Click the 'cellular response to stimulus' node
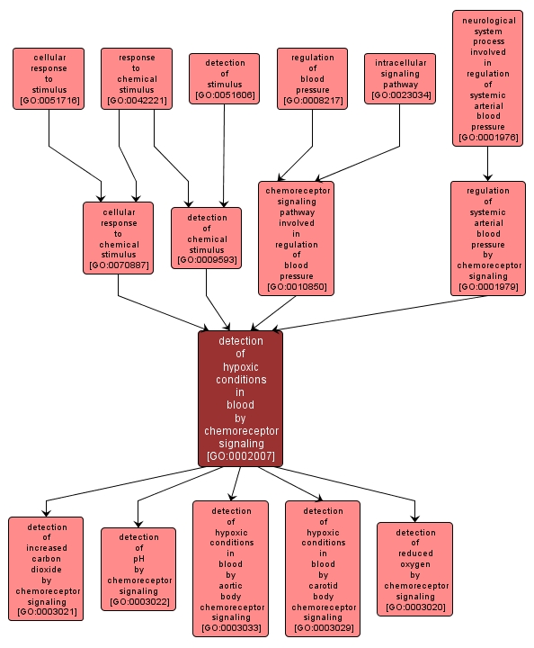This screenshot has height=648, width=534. [49, 79]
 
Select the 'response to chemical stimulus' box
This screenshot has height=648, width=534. [137, 79]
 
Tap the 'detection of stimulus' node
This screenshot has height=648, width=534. [224, 79]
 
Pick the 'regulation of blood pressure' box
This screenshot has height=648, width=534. [312, 79]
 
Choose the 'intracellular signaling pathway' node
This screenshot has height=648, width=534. [400, 78]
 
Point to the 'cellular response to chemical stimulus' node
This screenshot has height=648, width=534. [119, 238]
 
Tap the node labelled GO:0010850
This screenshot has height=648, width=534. [296, 238]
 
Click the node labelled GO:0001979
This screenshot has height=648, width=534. [488, 238]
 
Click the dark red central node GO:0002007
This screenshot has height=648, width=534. [241, 399]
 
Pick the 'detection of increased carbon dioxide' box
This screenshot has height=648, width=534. [46, 569]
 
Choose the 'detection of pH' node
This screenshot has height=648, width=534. [138, 570]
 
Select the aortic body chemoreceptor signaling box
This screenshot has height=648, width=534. [230, 569]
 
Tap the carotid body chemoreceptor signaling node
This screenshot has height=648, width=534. [323, 569]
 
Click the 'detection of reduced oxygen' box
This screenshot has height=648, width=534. [414, 569]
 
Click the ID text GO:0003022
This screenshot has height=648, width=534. [138, 601]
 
